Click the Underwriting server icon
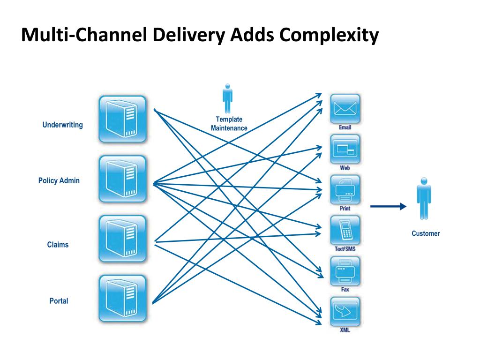(x=122, y=119)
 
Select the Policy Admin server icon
(x=122, y=179)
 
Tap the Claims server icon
(x=122, y=239)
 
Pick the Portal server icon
(x=122, y=298)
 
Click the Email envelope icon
(x=345, y=109)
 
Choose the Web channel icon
(x=345, y=149)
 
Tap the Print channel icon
(x=345, y=189)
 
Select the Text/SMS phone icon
(x=345, y=230)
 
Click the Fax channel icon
(x=345, y=270)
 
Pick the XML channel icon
(x=345, y=311)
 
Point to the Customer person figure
(x=424, y=198)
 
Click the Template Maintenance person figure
(x=228, y=98)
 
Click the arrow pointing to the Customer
(x=388, y=206)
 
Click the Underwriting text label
(x=62, y=125)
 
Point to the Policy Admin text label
(x=59, y=180)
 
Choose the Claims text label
(x=58, y=245)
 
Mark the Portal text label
(x=59, y=301)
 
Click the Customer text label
(x=426, y=233)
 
